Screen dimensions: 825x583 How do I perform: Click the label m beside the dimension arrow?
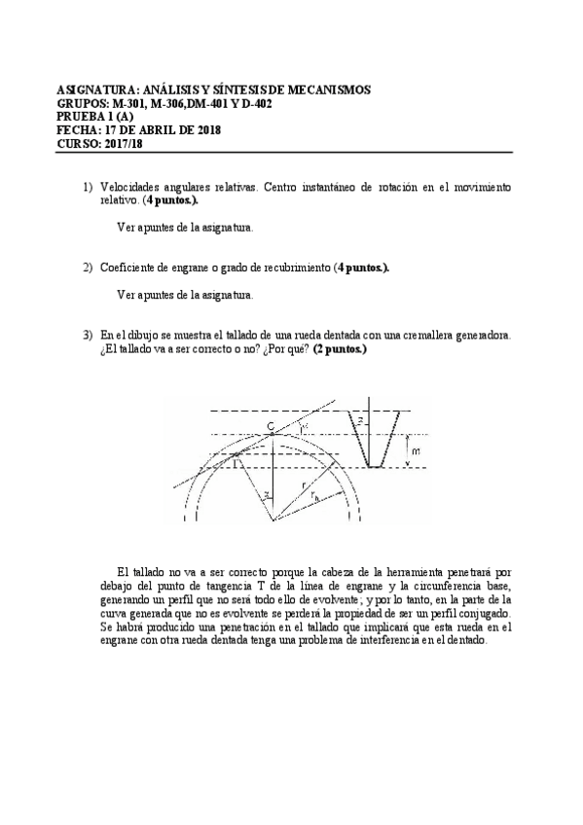(x=415, y=452)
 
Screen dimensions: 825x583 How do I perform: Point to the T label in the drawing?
(x=235, y=463)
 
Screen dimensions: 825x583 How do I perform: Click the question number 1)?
(x=87, y=186)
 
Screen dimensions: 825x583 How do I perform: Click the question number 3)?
(x=87, y=335)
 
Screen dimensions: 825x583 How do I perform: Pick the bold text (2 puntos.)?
(x=340, y=348)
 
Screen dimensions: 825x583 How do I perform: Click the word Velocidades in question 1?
(x=130, y=186)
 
